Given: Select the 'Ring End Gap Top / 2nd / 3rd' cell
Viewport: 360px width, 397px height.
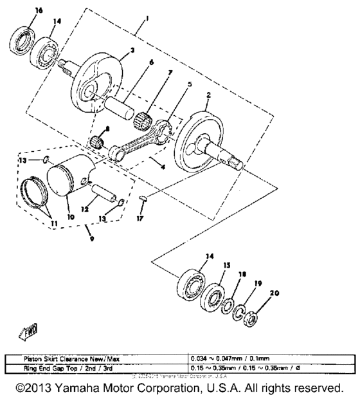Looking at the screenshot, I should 96,366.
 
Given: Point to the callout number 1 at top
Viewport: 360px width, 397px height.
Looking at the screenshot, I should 147,19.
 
